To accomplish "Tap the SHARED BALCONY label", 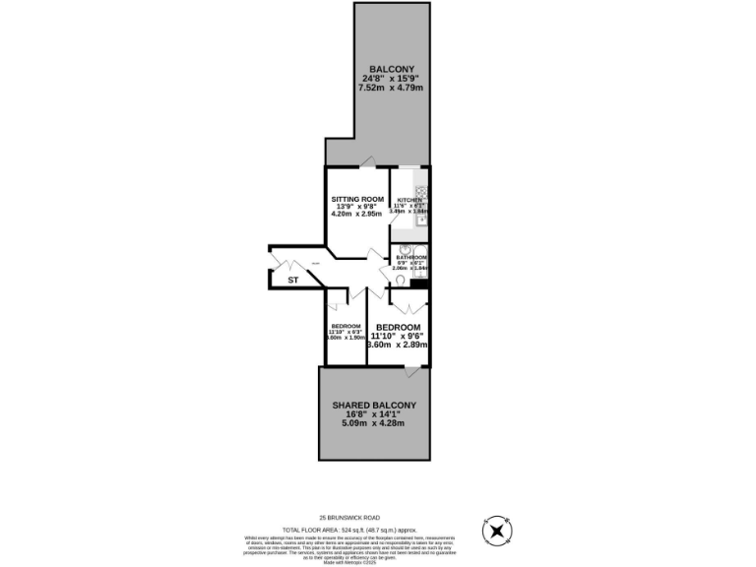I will [x=374, y=405].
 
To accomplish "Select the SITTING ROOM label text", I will [x=356, y=198].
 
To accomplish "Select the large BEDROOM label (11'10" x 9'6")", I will [x=398, y=327].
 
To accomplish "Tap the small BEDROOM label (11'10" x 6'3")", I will [x=346, y=326].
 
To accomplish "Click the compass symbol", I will [x=498, y=531].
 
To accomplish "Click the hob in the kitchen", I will [x=421, y=192].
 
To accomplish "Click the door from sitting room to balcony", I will [x=367, y=161].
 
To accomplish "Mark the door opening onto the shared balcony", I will [x=413, y=371].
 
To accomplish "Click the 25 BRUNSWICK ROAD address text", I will [x=348, y=518].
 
